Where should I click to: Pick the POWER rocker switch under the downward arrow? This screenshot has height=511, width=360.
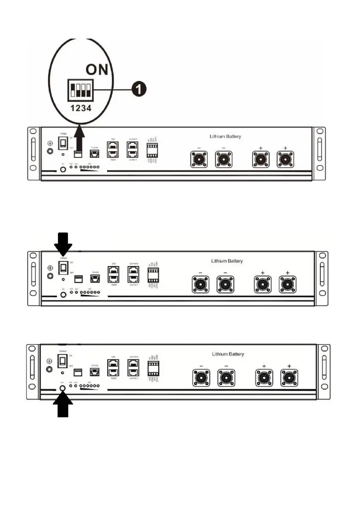63,268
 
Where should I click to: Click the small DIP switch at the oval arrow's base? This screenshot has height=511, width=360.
79,153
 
